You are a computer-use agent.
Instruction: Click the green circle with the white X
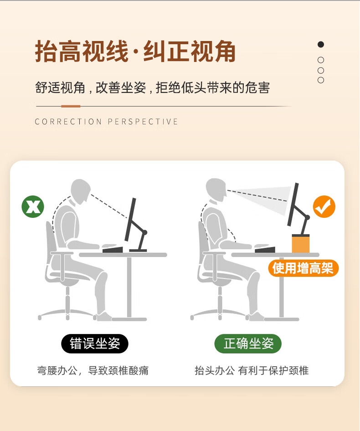33,206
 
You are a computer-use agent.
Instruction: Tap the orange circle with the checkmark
324,206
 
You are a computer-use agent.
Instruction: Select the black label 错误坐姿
95,344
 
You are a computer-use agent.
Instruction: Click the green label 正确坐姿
248,344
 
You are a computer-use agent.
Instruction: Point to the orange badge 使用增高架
303,268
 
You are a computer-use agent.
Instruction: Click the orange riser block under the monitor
301,243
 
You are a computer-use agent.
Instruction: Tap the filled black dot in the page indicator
321,45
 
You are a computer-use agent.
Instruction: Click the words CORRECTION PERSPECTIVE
107,122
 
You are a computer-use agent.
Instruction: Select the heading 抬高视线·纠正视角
135,51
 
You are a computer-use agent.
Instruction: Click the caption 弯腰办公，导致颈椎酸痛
93,370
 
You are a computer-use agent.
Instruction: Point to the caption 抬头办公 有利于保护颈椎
252,370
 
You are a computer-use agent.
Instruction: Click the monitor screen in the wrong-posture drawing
130,220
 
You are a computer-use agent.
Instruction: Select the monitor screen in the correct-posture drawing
293,205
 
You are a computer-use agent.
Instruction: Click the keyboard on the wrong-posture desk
113,249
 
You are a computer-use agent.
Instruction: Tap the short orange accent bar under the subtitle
71,106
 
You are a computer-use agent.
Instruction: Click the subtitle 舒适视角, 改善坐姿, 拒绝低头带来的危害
152,87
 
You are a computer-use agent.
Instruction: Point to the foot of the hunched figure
103,317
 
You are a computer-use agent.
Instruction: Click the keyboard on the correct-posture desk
265,249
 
